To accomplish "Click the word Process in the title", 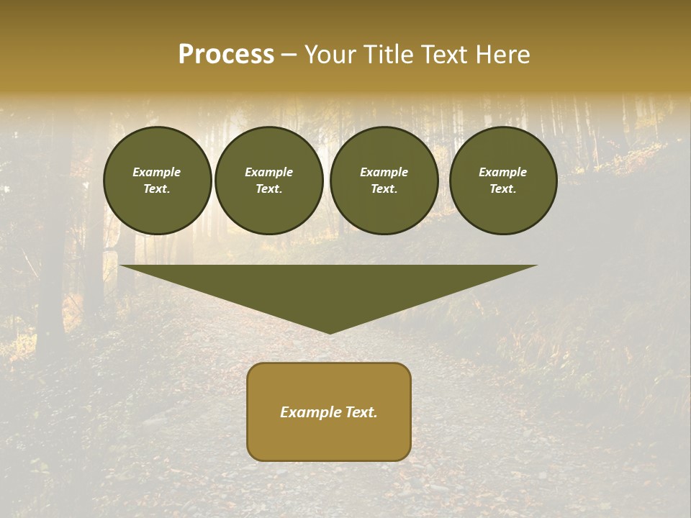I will coord(226,55).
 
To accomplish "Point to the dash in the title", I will coord(289,55).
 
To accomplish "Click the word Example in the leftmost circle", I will coord(157,172).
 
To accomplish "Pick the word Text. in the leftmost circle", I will coord(157,188).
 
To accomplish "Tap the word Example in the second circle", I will coord(268,172).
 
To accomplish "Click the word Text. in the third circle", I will coord(384,188).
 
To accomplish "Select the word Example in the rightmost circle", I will coord(503,172).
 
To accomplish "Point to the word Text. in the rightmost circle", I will coord(503,188).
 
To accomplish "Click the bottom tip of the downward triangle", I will coord(330,332).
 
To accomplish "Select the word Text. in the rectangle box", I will coord(361,412).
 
